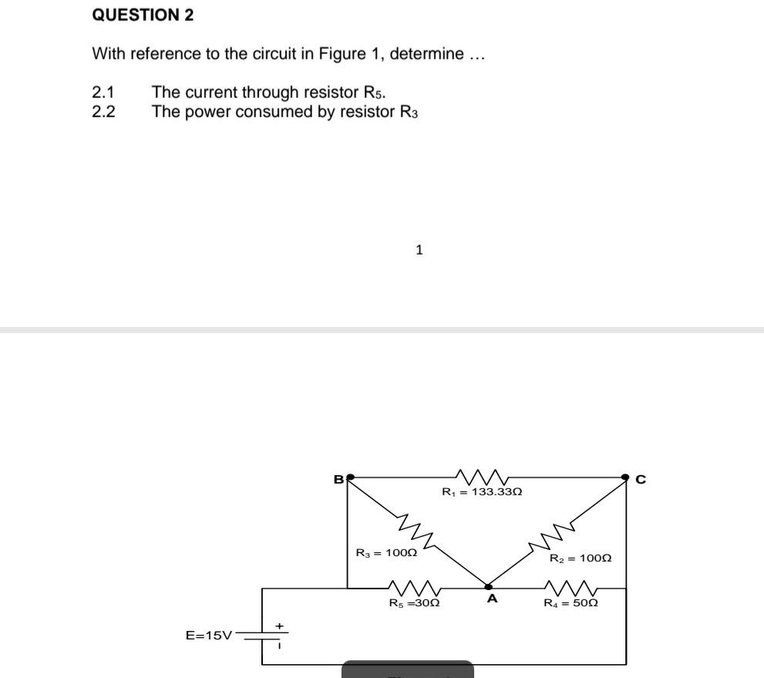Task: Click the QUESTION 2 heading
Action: pos(143,15)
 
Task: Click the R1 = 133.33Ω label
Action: pos(482,491)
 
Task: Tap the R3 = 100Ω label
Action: pos(385,553)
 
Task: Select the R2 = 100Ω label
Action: pos(581,558)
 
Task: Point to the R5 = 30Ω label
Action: pos(414,603)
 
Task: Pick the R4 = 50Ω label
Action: pos(571,603)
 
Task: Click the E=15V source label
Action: pos(208,636)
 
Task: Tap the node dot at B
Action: pos(351,477)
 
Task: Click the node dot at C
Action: pos(625,477)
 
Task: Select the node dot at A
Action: pos(487,586)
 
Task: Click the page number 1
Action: pos(419,250)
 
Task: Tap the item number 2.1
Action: pos(103,93)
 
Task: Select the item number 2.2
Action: pos(103,112)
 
